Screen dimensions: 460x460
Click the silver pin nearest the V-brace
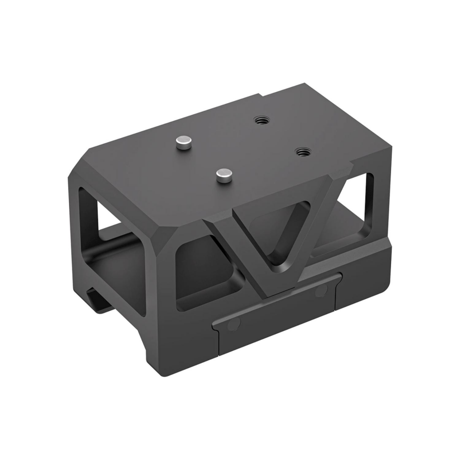tap(224, 176)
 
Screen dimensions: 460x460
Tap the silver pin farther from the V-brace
tap(184, 142)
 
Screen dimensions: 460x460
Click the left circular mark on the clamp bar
tap(233, 324)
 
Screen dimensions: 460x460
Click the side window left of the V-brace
tap(201, 273)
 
